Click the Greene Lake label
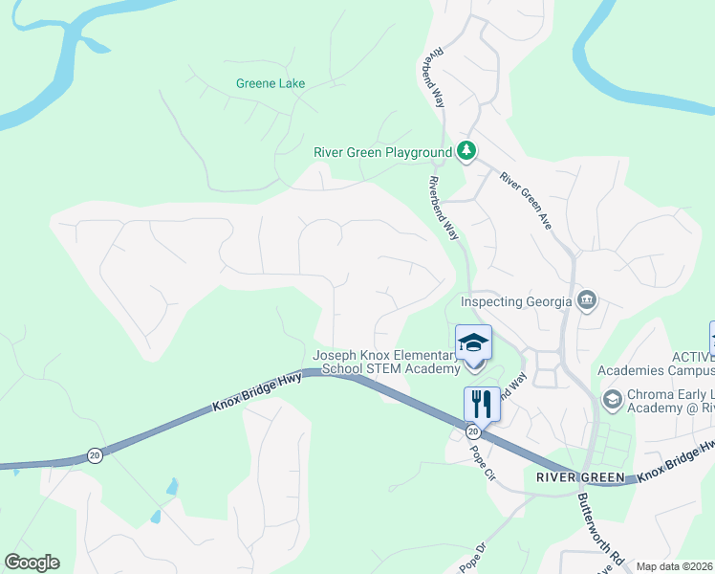(271, 83)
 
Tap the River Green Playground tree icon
(466, 151)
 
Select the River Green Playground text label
(382, 152)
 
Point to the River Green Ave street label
(527, 202)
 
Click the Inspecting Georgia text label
(516, 301)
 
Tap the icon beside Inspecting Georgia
(587, 300)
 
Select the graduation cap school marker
(474, 342)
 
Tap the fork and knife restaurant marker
(482, 403)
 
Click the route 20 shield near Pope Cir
(472, 432)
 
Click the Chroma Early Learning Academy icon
(612, 397)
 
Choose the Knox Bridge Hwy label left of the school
(257, 393)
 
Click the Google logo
(32, 563)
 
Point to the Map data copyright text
(674, 566)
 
